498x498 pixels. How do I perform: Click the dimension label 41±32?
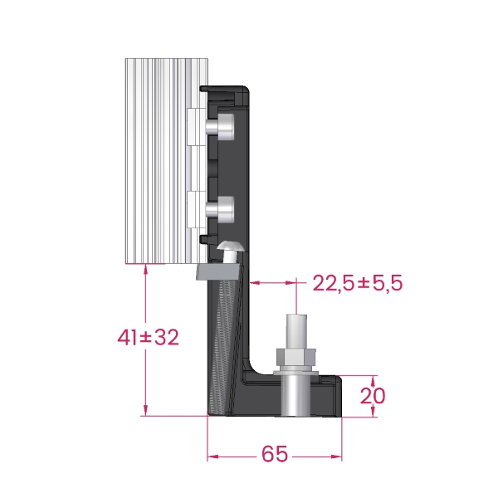point(148,337)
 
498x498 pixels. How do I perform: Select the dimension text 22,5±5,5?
point(358,283)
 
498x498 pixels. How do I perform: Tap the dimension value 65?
point(275,454)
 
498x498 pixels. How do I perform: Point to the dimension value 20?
point(372,396)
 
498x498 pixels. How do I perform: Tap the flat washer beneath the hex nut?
point(296,372)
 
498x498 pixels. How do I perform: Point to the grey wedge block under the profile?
point(217,271)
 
